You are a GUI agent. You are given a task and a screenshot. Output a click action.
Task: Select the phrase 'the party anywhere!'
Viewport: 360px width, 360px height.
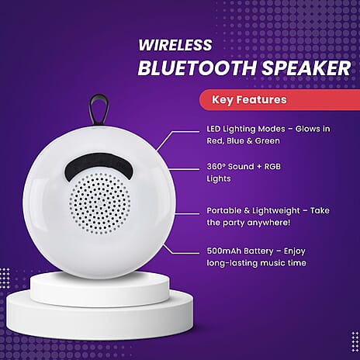coord(248,223)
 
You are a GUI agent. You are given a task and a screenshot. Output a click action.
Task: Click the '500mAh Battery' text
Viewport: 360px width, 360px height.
coord(236,251)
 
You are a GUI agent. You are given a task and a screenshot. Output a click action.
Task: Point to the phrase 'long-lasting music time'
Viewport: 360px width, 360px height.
coord(255,263)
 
